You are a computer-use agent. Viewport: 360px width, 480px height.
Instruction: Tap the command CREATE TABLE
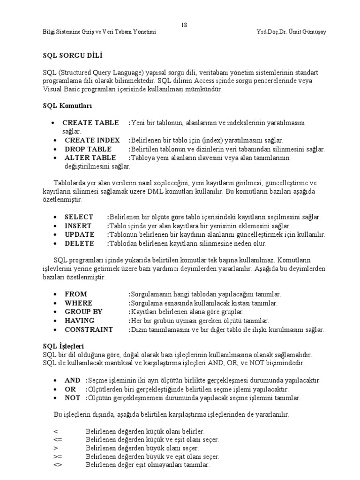coord(90,123)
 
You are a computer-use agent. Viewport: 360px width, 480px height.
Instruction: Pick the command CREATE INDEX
coord(92,140)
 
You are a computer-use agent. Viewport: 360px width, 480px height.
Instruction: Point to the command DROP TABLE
coord(88,149)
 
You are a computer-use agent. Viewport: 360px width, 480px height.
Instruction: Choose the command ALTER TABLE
coord(90,157)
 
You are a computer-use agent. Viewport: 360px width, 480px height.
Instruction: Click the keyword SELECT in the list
coord(79,217)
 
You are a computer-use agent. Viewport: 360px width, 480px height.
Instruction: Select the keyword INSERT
coord(78,226)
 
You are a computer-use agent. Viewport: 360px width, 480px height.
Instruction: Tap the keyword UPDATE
coord(79,234)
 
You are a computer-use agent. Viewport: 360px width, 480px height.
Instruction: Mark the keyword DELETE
coord(79,243)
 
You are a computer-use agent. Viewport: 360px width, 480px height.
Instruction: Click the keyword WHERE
coord(78,303)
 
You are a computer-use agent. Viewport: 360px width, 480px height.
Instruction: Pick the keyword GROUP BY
coord(83,312)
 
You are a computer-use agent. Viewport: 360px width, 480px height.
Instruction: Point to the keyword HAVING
coord(79,321)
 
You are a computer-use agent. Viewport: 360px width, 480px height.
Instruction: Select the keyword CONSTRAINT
coord(89,330)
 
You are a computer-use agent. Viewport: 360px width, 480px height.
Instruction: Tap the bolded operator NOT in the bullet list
coord(72,398)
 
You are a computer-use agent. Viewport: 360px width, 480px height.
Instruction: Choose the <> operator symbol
coord(58,465)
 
